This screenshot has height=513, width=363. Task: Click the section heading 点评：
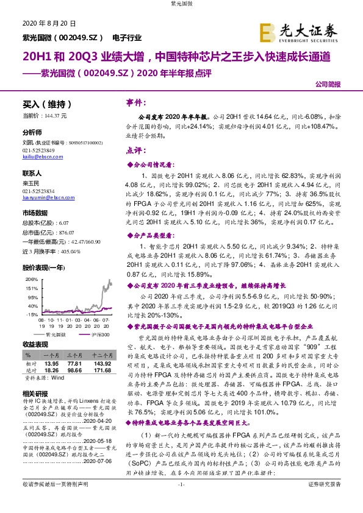pyautogui.click(x=136, y=150)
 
